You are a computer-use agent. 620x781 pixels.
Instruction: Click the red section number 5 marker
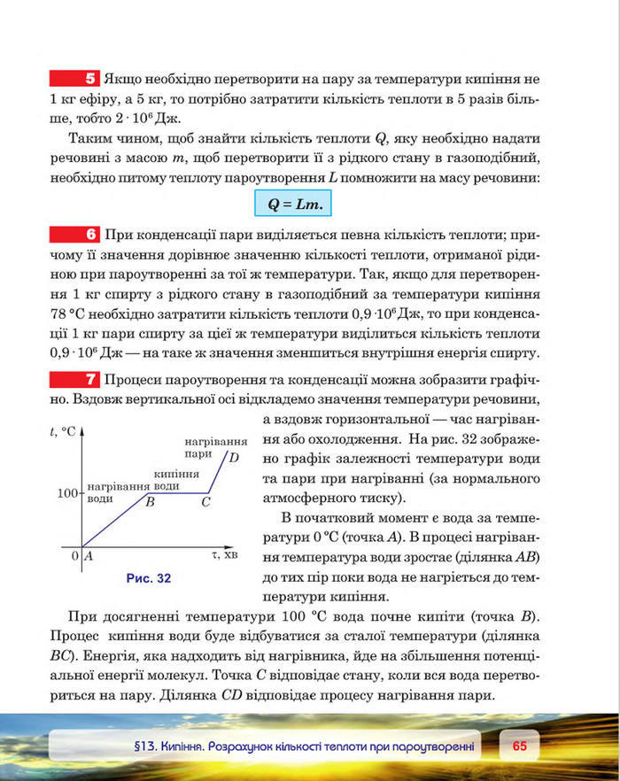pos(77,77)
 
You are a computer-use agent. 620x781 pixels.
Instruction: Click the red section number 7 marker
pos(77,380)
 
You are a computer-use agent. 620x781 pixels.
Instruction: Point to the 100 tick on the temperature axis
pos(69,492)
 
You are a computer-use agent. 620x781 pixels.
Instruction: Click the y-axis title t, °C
pos(65,432)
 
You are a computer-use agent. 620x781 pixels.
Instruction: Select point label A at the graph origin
pos(89,556)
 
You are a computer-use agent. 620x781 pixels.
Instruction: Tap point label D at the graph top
pos(233,458)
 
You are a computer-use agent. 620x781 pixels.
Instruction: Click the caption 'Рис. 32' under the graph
pos(148,577)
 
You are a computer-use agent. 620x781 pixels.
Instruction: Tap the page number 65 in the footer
pos(519,746)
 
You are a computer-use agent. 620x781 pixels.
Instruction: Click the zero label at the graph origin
pos(75,556)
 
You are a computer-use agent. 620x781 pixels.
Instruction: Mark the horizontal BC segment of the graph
pos(177,492)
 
